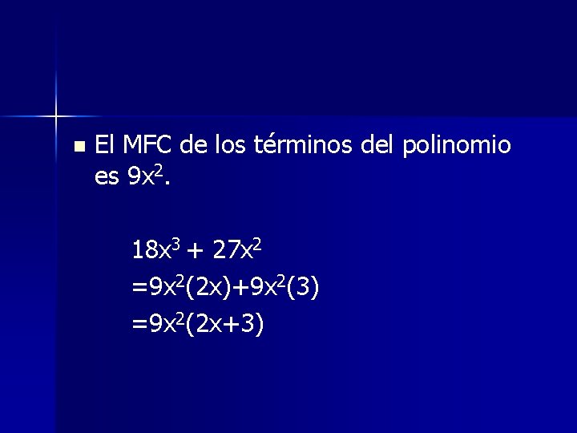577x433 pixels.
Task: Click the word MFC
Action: (x=147, y=145)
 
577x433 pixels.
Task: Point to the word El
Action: (x=105, y=145)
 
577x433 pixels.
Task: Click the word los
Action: (x=232, y=145)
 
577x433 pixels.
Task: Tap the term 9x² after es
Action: (x=146, y=176)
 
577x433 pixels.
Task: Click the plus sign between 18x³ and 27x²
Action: (x=196, y=253)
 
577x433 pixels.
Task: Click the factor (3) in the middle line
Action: (x=307, y=287)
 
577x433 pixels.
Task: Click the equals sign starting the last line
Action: (x=139, y=325)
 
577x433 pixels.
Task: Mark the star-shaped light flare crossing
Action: (x=56, y=117)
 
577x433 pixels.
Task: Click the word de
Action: (x=194, y=145)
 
